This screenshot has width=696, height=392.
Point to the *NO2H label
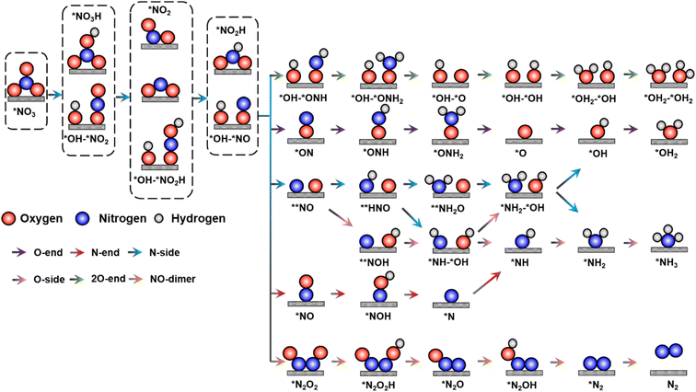click(x=230, y=30)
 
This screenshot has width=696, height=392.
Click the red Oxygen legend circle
click(x=10, y=221)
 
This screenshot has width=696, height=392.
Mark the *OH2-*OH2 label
click(x=668, y=95)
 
